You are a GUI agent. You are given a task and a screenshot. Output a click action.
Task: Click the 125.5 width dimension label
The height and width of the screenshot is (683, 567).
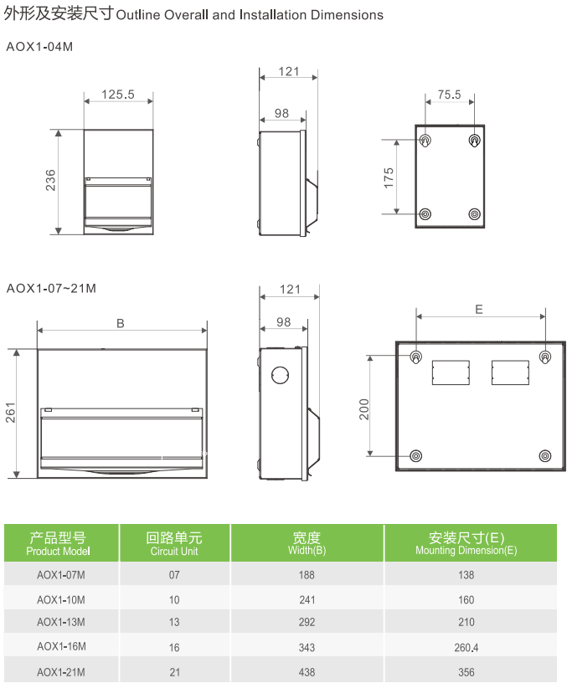(117, 95)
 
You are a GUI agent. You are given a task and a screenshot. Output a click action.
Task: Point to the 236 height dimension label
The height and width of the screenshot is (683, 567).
(50, 180)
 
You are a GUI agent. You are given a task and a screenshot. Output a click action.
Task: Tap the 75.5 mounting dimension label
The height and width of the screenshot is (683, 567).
(450, 95)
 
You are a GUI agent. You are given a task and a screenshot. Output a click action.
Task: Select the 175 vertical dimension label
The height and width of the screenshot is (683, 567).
(389, 177)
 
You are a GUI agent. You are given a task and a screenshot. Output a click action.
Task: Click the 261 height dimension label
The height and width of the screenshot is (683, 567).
(10, 413)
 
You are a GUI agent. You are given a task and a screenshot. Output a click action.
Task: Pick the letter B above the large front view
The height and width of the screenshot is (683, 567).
(121, 323)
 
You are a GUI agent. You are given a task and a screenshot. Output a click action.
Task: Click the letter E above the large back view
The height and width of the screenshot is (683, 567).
(478, 309)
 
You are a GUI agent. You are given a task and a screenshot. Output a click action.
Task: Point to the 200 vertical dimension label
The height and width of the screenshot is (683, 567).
(364, 409)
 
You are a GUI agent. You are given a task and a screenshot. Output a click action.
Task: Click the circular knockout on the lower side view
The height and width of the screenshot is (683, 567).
(280, 375)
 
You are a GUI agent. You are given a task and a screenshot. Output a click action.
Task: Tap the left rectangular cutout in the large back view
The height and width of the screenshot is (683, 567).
(451, 372)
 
